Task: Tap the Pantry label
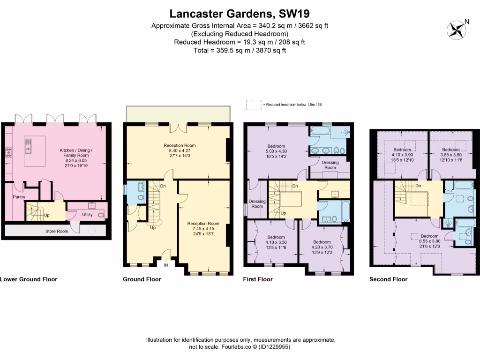[19, 197]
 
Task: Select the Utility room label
[88, 215]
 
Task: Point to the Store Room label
[56, 231]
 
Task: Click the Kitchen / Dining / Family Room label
[76, 155]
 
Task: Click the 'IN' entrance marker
[165, 265]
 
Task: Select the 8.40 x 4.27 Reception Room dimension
[179, 151]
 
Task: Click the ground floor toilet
[142, 198]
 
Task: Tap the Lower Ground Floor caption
[29, 279]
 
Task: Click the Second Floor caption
[388, 279]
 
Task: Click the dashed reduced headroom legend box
[253, 104]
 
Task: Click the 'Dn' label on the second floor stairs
[418, 186]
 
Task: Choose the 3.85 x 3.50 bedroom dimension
[450, 155]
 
